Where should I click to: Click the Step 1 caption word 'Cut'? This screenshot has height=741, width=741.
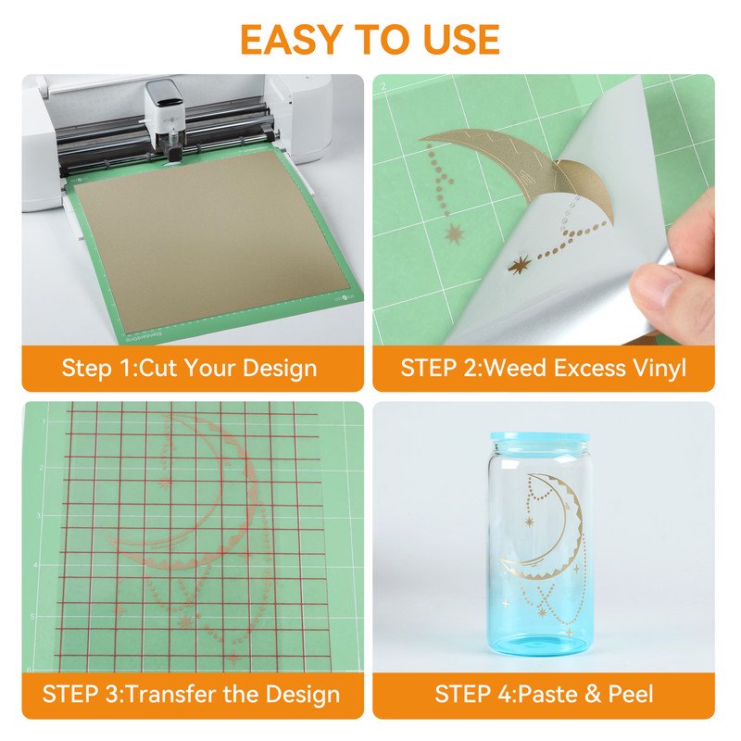157,368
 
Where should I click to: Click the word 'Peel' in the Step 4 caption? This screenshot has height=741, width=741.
631,694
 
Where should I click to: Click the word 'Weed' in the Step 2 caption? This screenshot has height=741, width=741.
515,368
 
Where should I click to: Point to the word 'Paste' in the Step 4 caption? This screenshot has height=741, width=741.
547,694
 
